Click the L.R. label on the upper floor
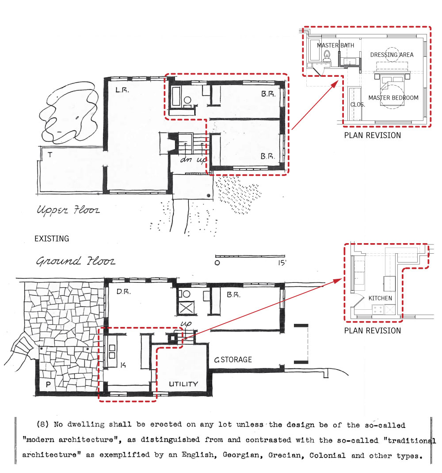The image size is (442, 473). pyautogui.click(x=122, y=90)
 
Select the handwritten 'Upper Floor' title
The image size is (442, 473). pyautogui.click(x=68, y=210)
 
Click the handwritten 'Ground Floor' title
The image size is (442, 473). pyautogui.click(x=76, y=261)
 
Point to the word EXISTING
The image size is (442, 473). pyautogui.click(x=52, y=239)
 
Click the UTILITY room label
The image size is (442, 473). pyautogui.click(x=183, y=384)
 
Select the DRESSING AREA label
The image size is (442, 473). pyautogui.click(x=392, y=55)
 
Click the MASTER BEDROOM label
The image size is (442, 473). pyautogui.click(x=393, y=98)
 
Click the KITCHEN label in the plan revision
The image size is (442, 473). pyautogui.click(x=380, y=298)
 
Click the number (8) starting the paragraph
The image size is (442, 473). pyautogui.click(x=43, y=425)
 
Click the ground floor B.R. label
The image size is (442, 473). pyautogui.click(x=233, y=295)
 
